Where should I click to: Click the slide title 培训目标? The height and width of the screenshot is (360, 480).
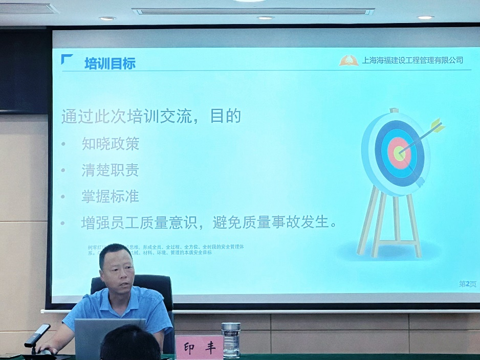point(110,63)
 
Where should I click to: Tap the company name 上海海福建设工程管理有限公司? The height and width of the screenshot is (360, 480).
point(412,60)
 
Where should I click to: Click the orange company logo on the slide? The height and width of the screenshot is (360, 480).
point(348,60)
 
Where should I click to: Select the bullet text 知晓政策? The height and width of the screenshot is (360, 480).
point(110,144)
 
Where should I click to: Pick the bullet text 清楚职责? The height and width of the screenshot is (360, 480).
point(110,170)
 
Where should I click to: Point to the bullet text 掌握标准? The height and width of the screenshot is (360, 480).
point(110,196)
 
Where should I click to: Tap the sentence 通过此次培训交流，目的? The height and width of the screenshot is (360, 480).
point(151,116)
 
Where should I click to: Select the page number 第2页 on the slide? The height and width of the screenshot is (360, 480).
point(467,284)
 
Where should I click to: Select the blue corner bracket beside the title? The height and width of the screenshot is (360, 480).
point(67,59)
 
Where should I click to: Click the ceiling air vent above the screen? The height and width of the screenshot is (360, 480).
point(253,11)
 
